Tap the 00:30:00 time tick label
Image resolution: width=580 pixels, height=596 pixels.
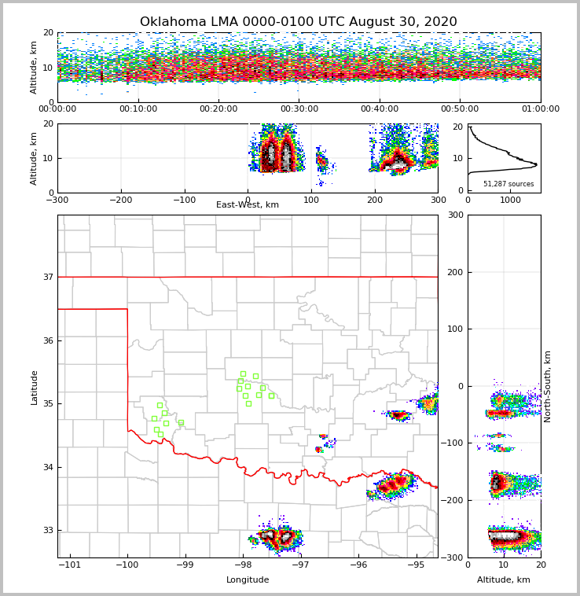click(x=299, y=109)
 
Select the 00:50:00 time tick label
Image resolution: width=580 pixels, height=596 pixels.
click(x=460, y=109)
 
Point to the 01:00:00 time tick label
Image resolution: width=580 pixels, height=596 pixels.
click(x=540, y=109)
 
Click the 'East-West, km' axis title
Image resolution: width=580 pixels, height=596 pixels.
click(x=248, y=205)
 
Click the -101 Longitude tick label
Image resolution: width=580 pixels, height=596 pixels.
click(x=70, y=565)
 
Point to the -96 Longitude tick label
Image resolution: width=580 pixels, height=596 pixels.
click(x=358, y=565)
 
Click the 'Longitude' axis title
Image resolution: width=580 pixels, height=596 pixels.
click(x=248, y=580)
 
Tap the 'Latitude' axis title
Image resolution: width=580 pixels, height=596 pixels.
click(x=34, y=387)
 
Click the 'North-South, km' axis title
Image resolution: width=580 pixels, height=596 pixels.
click(x=548, y=386)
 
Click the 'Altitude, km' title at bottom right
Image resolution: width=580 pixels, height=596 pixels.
click(x=504, y=580)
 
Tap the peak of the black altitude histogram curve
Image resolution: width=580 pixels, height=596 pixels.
click(x=536, y=164)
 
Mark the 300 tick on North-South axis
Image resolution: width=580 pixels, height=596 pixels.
click(x=453, y=215)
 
